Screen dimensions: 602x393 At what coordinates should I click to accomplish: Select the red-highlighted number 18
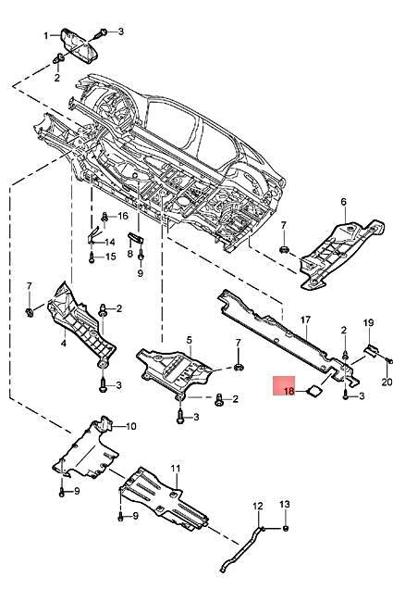point(289,392)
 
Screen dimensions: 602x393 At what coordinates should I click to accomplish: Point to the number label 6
point(342,202)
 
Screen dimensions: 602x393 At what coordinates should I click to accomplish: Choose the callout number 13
point(286,506)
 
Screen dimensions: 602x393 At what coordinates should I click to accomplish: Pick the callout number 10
point(130,426)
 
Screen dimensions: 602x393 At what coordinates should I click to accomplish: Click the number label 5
point(189,341)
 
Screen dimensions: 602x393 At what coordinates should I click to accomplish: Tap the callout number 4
point(64,343)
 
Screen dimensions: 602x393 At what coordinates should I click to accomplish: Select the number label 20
point(387,382)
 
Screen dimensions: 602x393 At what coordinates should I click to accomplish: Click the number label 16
point(123,216)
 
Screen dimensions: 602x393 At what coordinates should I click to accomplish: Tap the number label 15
point(111,257)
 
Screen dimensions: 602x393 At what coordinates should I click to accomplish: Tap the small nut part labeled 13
point(286,528)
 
